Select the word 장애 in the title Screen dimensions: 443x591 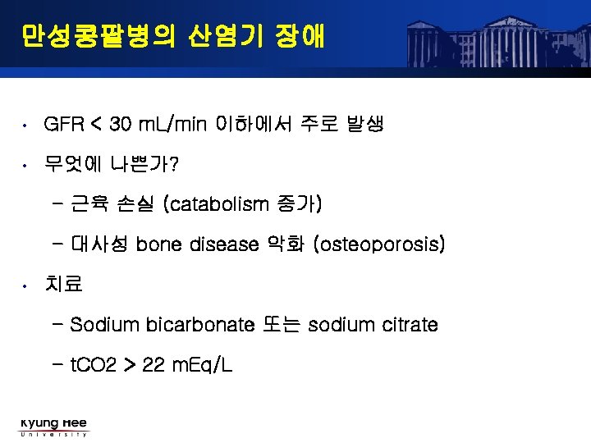tap(300, 37)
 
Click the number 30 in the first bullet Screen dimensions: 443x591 tap(120, 126)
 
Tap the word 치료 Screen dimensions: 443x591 tap(64, 285)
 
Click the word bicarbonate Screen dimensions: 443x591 tap(200, 325)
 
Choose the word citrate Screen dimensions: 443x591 tap(410, 325)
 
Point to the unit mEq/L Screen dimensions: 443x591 tap(199, 365)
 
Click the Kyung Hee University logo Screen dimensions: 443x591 tap(53, 427)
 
